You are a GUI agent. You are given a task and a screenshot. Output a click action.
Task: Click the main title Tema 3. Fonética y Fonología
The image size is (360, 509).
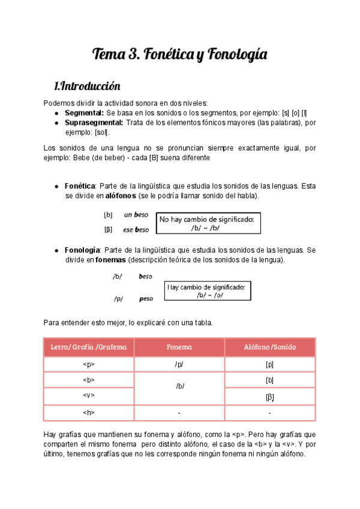(x=179, y=55)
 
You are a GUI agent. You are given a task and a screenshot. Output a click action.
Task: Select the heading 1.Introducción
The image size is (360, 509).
(x=87, y=86)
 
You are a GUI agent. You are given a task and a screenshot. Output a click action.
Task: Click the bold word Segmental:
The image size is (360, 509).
(x=84, y=113)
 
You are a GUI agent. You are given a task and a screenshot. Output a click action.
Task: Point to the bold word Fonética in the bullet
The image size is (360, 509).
(x=80, y=186)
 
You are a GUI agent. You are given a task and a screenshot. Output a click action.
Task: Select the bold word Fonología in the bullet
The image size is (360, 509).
(x=82, y=250)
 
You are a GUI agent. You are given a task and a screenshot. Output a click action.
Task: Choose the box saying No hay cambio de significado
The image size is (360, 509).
(x=206, y=224)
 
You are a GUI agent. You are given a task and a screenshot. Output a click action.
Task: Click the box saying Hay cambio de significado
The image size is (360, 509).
(x=206, y=291)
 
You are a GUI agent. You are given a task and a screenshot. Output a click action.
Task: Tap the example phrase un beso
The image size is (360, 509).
(x=136, y=214)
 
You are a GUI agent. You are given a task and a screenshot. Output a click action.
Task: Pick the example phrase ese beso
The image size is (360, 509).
(x=136, y=229)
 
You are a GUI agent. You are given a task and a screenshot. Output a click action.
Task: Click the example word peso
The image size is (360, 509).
(x=146, y=298)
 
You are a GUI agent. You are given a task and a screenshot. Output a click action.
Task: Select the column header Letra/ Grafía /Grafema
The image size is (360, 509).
(x=89, y=347)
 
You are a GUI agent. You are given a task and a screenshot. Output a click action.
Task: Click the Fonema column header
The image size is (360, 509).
(x=179, y=347)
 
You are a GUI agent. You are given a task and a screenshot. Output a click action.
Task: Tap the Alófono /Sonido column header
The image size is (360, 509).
(x=269, y=347)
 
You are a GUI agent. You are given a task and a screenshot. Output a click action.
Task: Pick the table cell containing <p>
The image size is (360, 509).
(x=89, y=364)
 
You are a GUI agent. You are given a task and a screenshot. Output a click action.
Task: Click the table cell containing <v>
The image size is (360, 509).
(x=89, y=396)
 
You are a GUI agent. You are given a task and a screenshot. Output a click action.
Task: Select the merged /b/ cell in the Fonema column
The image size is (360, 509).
(x=179, y=387)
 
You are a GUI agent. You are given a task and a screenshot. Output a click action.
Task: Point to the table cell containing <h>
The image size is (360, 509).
(x=89, y=413)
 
